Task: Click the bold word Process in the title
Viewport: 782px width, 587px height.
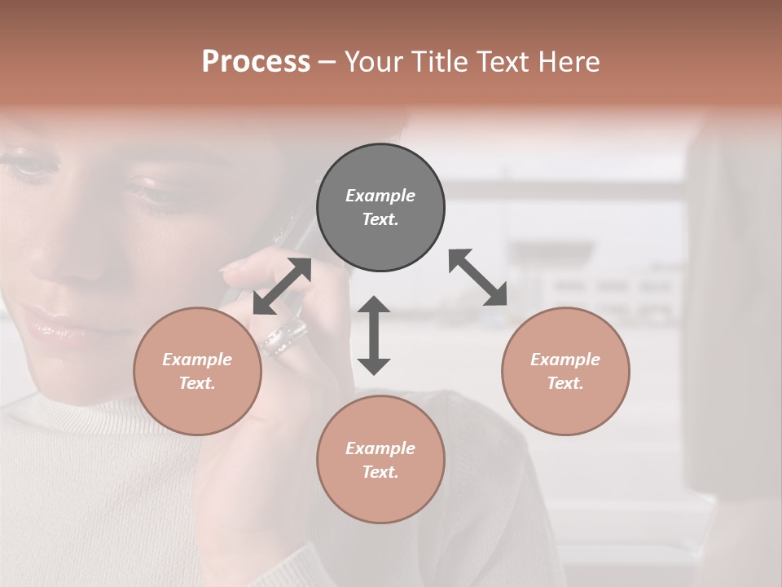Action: coord(256,62)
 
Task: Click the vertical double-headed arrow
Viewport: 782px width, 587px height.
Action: coord(374,335)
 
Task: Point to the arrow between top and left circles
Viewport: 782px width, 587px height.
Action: coord(282,286)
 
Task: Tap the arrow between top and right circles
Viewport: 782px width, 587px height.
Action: coord(477,277)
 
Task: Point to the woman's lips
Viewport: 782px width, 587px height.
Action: coord(51,325)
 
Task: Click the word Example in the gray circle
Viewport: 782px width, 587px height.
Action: coord(380,196)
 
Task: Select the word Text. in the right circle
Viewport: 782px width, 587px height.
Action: coord(565,383)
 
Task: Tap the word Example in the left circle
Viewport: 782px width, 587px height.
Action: coord(197,360)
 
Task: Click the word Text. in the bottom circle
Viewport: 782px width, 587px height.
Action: coord(380,472)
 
